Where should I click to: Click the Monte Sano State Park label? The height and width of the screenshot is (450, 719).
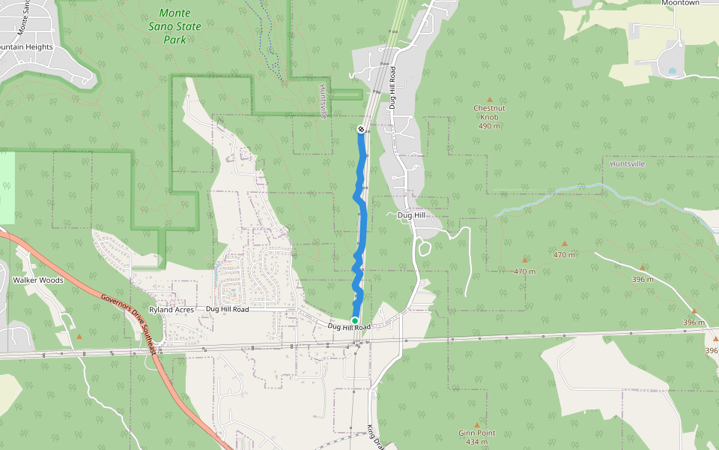coord(175,26)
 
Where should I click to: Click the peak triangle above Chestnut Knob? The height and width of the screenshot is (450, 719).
coord(490,99)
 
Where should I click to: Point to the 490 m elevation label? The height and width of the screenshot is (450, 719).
coord(489,126)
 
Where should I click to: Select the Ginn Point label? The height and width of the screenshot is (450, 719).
coord(476,433)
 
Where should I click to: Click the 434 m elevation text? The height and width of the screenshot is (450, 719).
coord(476,442)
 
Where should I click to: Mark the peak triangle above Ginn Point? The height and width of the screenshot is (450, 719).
coord(476,424)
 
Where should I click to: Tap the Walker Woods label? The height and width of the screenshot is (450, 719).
coord(37,280)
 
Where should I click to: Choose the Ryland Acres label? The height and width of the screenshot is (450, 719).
coord(171,309)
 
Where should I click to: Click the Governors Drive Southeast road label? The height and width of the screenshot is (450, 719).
coord(130,323)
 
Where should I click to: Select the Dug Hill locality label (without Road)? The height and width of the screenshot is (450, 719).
coord(412,215)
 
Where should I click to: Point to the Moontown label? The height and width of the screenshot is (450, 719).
coord(680,3)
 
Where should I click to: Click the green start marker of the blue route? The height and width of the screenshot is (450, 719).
coord(355,320)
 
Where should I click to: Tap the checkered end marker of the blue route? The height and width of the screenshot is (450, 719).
coord(361,130)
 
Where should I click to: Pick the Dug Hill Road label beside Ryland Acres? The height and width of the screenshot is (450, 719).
coord(227,309)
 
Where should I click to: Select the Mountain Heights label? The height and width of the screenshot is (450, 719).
coord(26,46)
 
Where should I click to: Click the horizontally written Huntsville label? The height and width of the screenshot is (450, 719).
coord(628,163)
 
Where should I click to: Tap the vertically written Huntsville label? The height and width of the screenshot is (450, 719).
coord(324,101)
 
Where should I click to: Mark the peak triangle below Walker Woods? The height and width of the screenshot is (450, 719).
coord(79,336)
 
